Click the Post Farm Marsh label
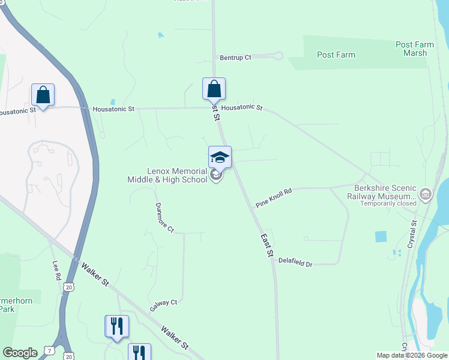[x=411, y=49]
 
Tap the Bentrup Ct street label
[x=235, y=57]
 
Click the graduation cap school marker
[x=220, y=157]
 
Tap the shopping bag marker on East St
[x=214, y=89]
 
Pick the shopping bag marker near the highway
[x=43, y=95]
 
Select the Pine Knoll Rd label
[x=273, y=197]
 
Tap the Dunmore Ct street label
[x=164, y=218]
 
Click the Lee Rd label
[x=56, y=271]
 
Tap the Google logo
[x=20, y=353]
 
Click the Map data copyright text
[x=412, y=355]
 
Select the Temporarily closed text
[x=388, y=203]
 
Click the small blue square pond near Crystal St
[x=381, y=236]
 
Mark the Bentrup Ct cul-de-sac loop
[x=276, y=56]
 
